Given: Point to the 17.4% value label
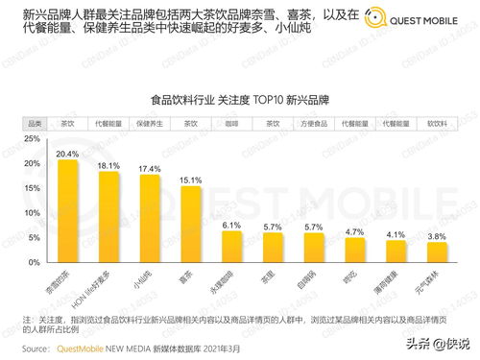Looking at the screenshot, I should coord(150,169).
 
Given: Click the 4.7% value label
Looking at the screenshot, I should coord(355,232).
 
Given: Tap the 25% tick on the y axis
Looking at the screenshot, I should coord(32,139).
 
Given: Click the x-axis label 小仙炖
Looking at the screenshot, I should coord(149,279).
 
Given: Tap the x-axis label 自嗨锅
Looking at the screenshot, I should coord(312,279).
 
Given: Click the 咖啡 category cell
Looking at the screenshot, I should coord(231,123).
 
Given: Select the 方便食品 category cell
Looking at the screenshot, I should coord(314,123).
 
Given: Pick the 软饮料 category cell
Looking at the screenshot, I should coord(437,123).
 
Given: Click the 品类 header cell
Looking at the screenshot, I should coord(33,123).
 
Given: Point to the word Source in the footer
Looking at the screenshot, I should coord(36,348).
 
